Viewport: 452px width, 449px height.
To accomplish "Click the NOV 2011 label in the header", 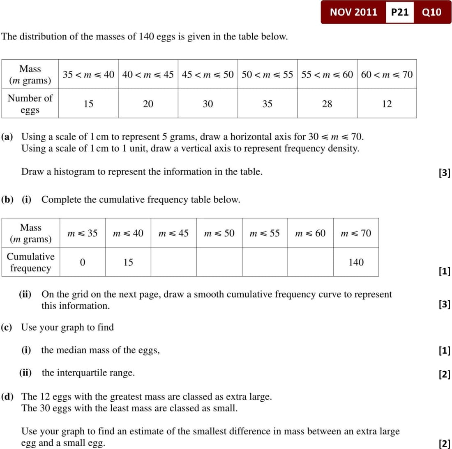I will (353, 12).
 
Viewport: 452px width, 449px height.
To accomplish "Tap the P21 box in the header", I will (399, 12).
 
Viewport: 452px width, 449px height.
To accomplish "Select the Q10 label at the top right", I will (431, 12).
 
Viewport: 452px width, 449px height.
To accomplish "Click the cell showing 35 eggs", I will (267, 104).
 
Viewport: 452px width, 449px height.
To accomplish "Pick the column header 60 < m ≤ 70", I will (387, 74).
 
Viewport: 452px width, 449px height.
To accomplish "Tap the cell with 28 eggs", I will (327, 104).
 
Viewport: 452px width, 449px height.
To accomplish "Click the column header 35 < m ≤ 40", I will (88, 74).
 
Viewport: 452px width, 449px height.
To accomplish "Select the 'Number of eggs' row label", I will (30, 104).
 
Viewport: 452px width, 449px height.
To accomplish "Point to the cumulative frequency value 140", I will (356, 262).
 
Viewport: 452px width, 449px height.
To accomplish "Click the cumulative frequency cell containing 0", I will (82, 262).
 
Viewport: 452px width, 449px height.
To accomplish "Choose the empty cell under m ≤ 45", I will (173, 262).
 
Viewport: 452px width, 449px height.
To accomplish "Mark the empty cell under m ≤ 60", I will (310, 262).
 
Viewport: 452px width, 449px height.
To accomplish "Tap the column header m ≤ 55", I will (265, 233).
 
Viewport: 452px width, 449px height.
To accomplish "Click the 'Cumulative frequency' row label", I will (30, 262).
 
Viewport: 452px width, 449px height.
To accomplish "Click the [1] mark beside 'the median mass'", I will (444, 351).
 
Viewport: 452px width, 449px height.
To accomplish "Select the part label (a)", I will (7, 137).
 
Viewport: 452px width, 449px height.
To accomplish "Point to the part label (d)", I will (7, 397).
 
